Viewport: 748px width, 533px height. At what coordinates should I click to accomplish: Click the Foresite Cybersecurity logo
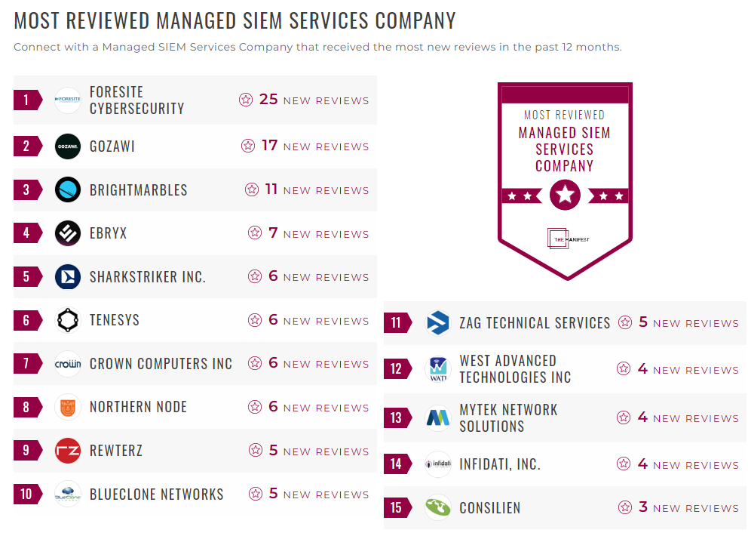coord(68,100)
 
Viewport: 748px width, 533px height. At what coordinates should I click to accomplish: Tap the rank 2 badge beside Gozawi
coord(26,146)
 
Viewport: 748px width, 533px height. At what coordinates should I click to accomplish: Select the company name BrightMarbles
coord(138,189)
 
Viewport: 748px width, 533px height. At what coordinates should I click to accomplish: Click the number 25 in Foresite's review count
coord(268,99)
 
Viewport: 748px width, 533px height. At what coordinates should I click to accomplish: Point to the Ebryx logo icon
coord(68,233)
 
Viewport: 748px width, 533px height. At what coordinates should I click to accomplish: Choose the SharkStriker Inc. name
coord(147,277)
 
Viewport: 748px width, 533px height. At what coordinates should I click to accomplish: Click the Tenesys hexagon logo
coord(68,320)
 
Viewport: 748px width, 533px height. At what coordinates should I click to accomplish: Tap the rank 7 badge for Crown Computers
coord(26,364)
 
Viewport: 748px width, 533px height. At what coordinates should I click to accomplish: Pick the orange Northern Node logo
coord(68,408)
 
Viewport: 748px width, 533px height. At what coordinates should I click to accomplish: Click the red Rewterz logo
coord(68,451)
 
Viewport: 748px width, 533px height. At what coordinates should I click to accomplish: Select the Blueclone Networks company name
coord(156,494)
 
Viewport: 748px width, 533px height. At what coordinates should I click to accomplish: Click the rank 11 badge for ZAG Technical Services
coord(397,323)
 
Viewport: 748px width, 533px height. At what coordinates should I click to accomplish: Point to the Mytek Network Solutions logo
coord(438,417)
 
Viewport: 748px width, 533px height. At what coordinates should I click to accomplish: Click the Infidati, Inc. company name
coord(500,464)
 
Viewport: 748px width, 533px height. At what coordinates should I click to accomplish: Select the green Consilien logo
coord(438,507)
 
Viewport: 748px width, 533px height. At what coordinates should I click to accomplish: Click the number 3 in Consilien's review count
coord(643,507)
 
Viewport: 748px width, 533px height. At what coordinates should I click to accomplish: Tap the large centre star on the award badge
coord(565,196)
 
